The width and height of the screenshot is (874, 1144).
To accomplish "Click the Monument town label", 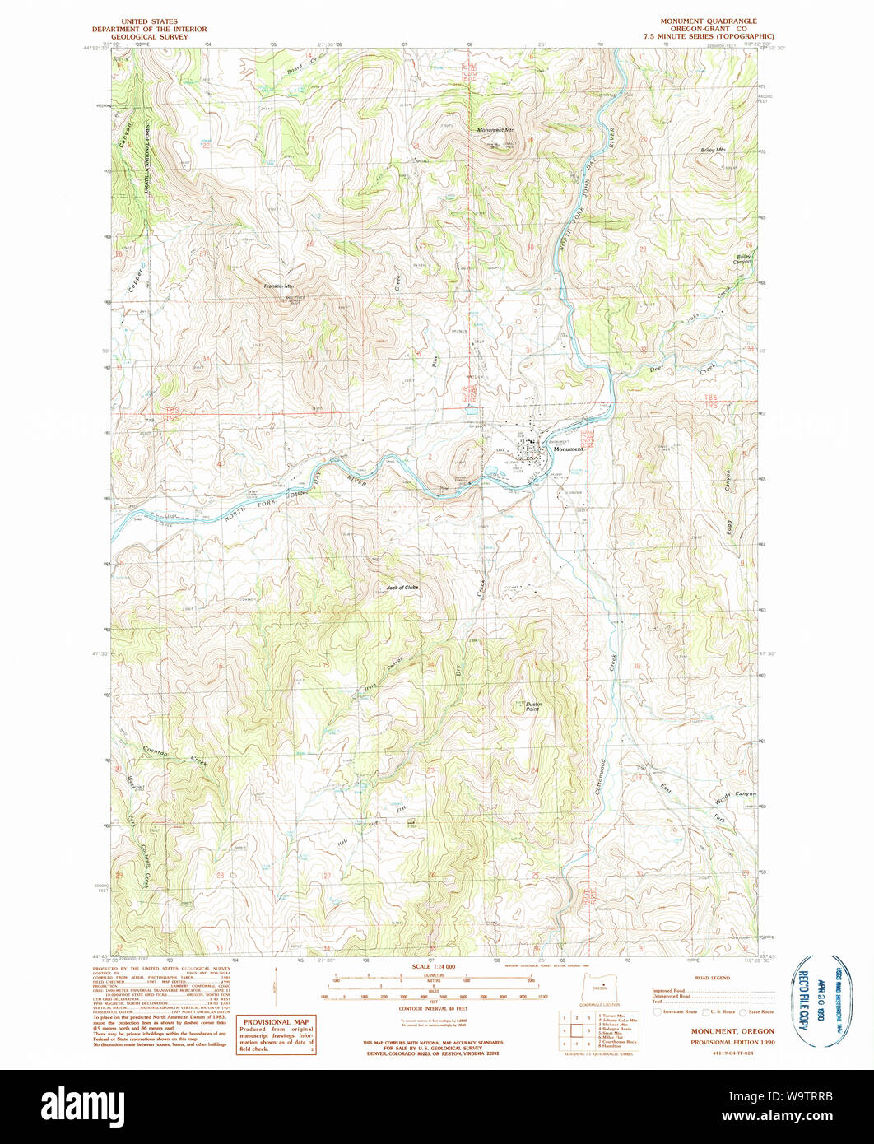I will coord(568,449).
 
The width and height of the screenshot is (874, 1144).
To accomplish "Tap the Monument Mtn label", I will coord(496,130).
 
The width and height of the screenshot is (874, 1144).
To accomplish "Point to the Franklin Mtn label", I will coord(278,286).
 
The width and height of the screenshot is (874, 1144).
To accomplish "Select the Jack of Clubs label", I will coord(402,588).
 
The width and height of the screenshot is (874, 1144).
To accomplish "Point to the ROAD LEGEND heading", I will coord(713,978).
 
